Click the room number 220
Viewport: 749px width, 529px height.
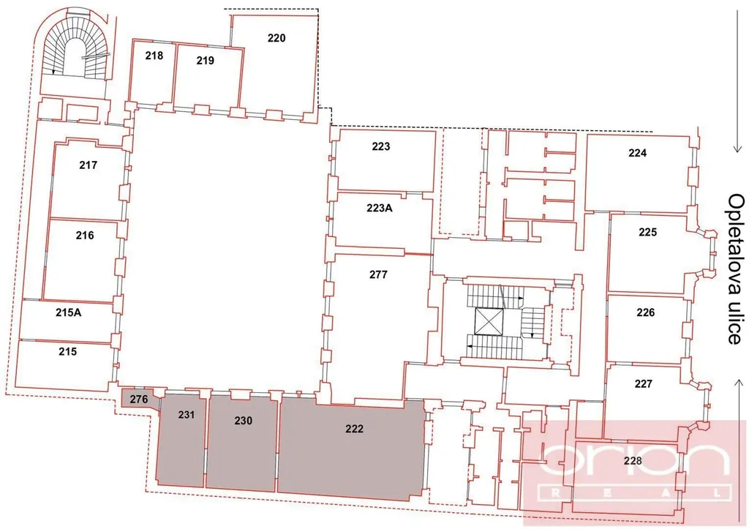pyautogui.click(x=276, y=38)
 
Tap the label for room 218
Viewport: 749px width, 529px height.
pyautogui.click(x=154, y=56)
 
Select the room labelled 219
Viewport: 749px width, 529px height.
pyautogui.click(x=206, y=60)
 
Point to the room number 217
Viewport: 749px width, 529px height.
pyautogui.click(x=89, y=165)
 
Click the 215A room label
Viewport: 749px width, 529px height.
pyautogui.click(x=68, y=312)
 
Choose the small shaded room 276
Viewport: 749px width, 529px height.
pyautogui.click(x=139, y=399)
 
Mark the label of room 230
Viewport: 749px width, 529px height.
pyautogui.click(x=243, y=421)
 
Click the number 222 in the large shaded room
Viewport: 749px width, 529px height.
pyautogui.click(x=355, y=429)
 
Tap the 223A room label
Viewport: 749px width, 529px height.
pyautogui.click(x=380, y=208)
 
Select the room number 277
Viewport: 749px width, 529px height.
pyautogui.click(x=378, y=274)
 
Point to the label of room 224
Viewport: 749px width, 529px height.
pyautogui.click(x=638, y=153)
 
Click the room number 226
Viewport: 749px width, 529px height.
pyautogui.click(x=645, y=312)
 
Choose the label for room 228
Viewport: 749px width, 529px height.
pyautogui.click(x=633, y=461)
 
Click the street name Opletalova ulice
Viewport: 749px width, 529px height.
pyautogui.click(x=736, y=269)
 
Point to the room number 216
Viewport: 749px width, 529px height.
pyautogui.click(x=85, y=235)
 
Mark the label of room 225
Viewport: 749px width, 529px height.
pyautogui.click(x=648, y=232)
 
